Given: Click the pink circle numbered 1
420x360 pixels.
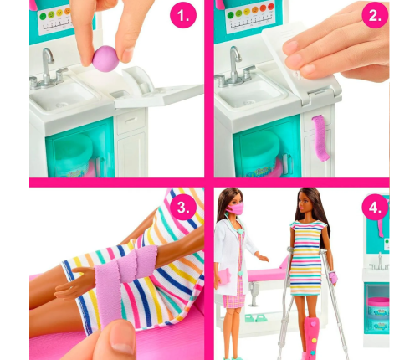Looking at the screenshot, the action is click(x=183, y=16).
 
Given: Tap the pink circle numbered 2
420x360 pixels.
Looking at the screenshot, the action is click(x=375, y=15).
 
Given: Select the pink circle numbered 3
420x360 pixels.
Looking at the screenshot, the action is click(x=183, y=208).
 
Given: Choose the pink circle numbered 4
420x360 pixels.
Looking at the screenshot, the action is click(x=375, y=208).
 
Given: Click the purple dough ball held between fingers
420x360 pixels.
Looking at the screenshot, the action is click(x=105, y=59).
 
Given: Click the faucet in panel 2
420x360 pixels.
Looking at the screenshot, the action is click(x=235, y=68).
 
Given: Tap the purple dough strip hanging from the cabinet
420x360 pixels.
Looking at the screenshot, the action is click(x=321, y=138).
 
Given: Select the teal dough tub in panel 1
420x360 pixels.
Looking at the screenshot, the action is click(x=73, y=154).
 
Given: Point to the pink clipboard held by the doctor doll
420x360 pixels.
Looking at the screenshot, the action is click(x=224, y=278).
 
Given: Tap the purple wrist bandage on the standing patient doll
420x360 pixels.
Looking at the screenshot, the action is click(x=333, y=277).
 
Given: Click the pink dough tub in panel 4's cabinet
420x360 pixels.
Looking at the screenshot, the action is click(x=378, y=306).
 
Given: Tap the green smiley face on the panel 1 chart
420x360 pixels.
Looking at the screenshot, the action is click(x=43, y=17).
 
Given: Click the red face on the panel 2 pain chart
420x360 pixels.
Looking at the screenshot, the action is click(x=270, y=7).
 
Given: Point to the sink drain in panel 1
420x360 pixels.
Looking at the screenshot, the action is click(x=59, y=105).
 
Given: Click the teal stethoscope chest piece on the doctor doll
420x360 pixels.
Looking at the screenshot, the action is click(x=239, y=231).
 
